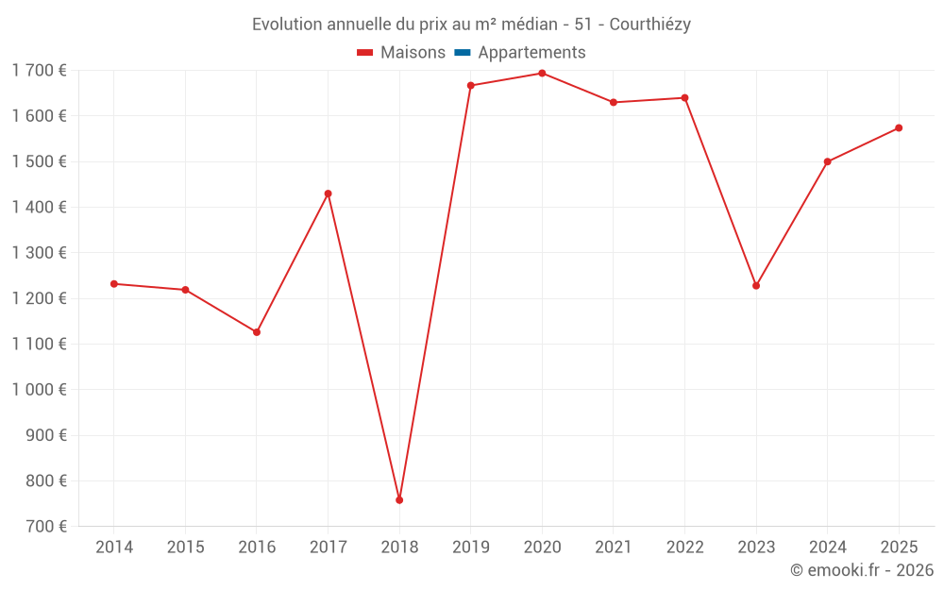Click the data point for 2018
click(x=399, y=499)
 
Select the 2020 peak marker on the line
click(x=542, y=73)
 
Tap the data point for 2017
click(x=328, y=194)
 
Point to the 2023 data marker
click(x=756, y=285)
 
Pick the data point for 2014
click(x=114, y=283)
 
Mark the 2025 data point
click(x=899, y=127)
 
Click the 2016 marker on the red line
click(x=257, y=332)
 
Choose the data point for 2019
click(x=471, y=86)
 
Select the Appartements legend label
click(x=531, y=53)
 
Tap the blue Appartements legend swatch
click(x=462, y=53)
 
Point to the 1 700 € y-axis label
click(x=40, y=70)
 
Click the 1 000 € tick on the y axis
click(x=40, y=390)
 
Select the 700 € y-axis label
click(x=44, y=527)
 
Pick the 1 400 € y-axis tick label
click(x=40, y=207)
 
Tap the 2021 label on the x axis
click(x=614, y=548)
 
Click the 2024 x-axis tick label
click(x=827, y=548)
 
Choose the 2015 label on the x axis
click(x=185, y=548)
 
